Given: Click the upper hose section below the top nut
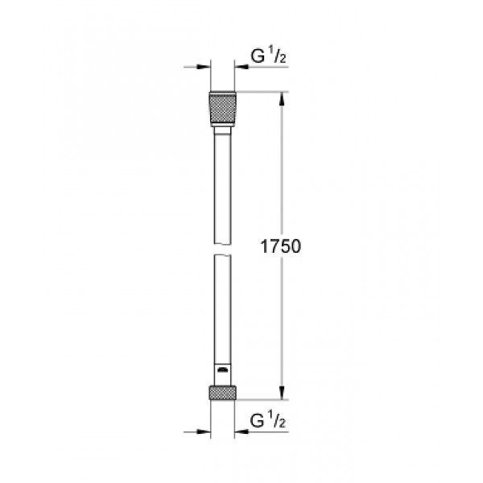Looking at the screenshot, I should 222,177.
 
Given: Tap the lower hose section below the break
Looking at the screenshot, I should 222,306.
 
